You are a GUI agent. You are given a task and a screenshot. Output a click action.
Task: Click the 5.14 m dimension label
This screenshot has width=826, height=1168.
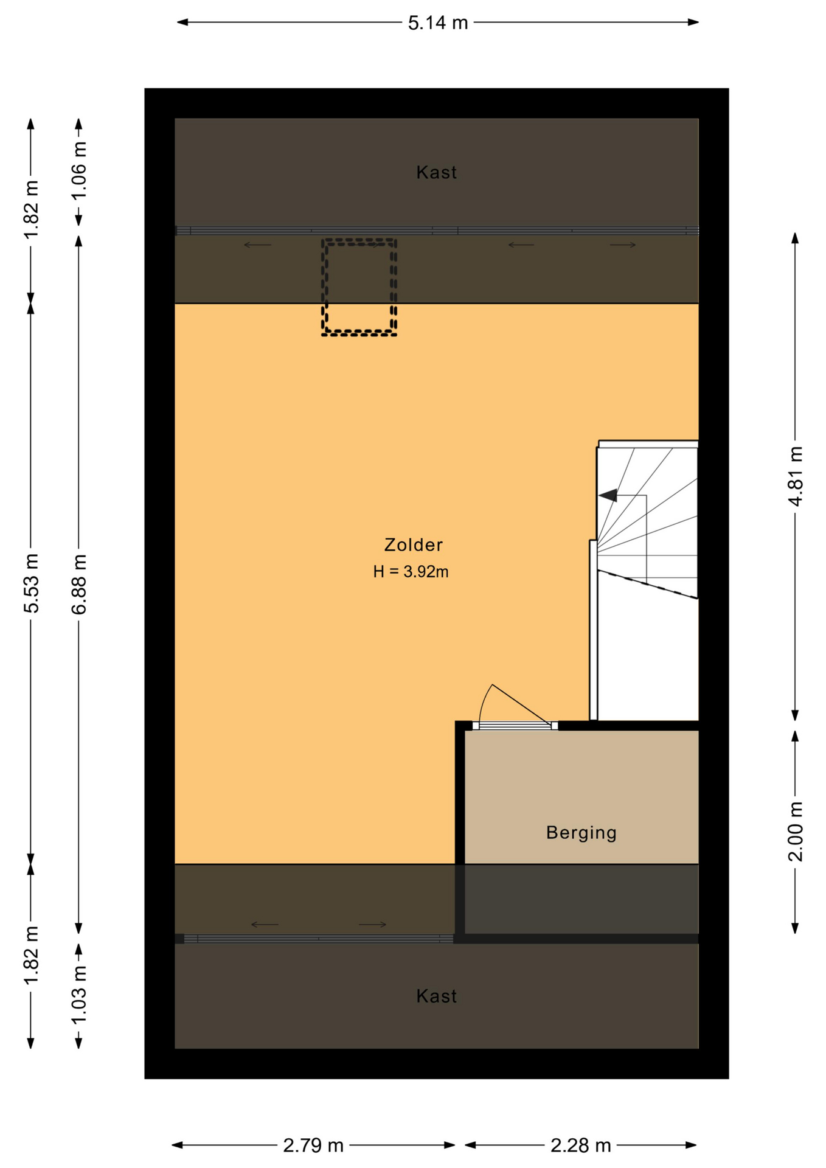coord(438,23)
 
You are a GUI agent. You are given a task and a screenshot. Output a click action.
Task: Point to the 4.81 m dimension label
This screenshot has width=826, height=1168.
coord(796,476)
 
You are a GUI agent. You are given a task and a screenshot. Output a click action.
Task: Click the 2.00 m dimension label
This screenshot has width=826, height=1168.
coord(796,832)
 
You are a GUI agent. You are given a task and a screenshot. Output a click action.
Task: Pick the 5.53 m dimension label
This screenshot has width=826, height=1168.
coord(31,583)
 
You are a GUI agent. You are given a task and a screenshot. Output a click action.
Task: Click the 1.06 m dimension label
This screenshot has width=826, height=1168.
coord(79,170)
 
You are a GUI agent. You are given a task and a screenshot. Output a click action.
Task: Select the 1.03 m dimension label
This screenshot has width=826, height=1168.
coord(79,996)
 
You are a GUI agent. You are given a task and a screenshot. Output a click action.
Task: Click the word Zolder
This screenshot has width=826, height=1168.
coord(414,545)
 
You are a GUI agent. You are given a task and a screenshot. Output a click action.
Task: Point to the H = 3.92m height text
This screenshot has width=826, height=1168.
coord(411,572)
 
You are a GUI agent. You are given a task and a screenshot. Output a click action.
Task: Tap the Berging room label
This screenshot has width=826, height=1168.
coord(581,833)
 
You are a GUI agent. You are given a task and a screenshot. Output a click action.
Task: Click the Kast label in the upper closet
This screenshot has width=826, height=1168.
coord(437,173)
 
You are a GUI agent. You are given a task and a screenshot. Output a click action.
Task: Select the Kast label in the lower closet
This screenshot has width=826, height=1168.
coord(437,996)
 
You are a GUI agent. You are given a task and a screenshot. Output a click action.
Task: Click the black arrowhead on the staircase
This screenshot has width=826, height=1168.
coord(608,496)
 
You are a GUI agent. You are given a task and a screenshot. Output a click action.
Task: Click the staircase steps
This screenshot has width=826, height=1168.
coord(647,523)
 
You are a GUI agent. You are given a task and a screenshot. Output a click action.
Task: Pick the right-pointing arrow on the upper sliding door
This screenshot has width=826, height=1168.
coord(623,245)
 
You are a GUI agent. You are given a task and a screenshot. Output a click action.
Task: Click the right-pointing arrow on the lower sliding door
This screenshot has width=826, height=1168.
coord(373,925)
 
